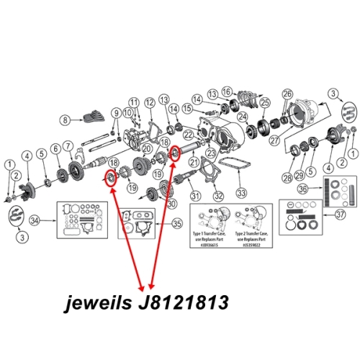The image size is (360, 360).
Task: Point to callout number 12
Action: click(149, 104)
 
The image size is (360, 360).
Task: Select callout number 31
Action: click(194, 194)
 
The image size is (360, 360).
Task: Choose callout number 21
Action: click(192, 165)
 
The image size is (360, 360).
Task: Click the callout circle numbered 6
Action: click(55, 151)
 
